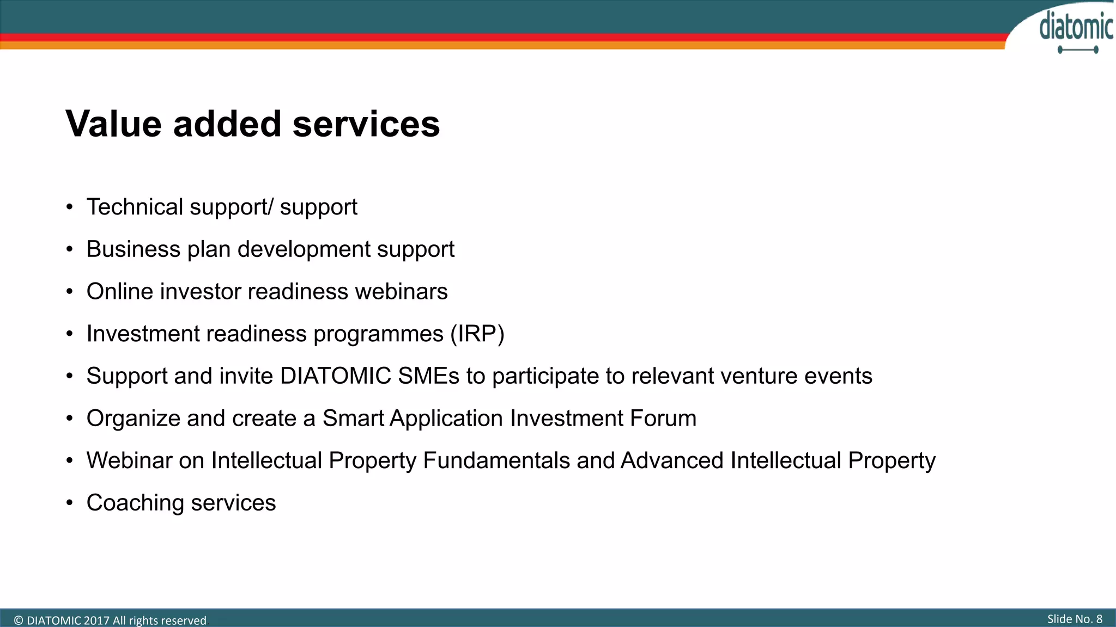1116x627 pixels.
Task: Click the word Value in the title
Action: pos(113,124)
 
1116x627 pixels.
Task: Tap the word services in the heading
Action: pos(366,124)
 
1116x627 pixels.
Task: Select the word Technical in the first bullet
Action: pos(135,207)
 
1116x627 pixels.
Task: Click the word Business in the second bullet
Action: pos(133,249)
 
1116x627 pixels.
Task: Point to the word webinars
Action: pos(401,292)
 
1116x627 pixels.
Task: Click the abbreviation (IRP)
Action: pos(477,334)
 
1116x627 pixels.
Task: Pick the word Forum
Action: pos(663,419)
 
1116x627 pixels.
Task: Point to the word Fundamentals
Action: pos(496,461)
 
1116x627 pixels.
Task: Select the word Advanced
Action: pos(672,461)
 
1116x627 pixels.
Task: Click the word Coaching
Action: pos(135,503)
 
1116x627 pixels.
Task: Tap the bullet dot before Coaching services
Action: pos(69,503)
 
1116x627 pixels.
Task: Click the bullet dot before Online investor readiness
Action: pos(69,292)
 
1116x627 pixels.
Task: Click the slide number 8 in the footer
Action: pos(1099,619)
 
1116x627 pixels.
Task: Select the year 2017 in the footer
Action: pos(96,620)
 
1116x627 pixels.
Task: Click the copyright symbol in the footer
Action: pos(19,620)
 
